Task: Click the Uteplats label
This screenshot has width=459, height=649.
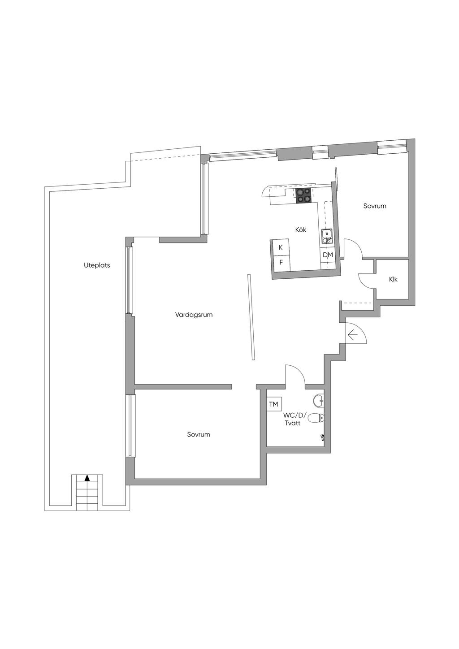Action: pyautogui.click(x=97, y=265)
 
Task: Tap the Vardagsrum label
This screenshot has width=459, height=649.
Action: pyautogui.click(x=194, y=315)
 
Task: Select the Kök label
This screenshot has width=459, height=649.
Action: pyautogui.click(x=300, y=230)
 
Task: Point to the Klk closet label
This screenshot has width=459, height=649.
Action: pyautogui.click(x=393, y=279)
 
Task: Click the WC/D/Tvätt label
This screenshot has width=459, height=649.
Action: pyautogui.click(x=294, y=419)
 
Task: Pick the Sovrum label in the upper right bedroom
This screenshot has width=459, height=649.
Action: pyautogui.click(x=375, y=206)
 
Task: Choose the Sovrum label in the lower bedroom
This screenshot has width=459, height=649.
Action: pyautogui.click(x=199, y=435)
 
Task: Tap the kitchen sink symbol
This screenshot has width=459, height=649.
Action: pyautogui.click(x=327, y=236)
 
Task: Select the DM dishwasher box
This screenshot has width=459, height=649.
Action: pyautogui.click(x=328, y=255)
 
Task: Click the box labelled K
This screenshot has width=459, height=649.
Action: pyautogui.click(x=281, y=248)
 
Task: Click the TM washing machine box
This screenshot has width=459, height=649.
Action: pyautogui.click(x=273, y=404)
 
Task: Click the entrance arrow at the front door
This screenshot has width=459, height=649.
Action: pyautogui.click(x=352, y=336)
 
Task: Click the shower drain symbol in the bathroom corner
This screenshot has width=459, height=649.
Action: pyautogui.click(x=322, y=437)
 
